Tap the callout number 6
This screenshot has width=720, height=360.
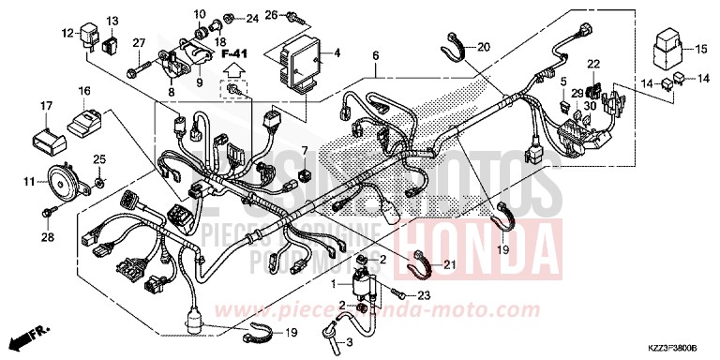374,56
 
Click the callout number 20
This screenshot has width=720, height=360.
483,47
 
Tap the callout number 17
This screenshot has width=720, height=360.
45,105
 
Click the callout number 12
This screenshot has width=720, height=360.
67,33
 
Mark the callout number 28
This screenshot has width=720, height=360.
48,238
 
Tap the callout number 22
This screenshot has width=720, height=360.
593,63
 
